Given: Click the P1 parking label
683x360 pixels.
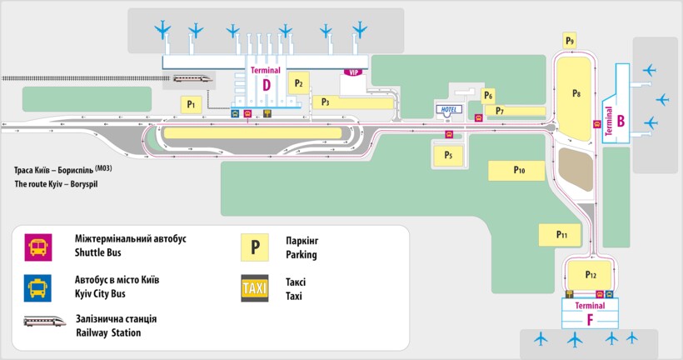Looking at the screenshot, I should [192, 104].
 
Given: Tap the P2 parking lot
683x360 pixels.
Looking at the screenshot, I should [297, 82].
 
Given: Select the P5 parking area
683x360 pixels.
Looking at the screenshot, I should [448, 154].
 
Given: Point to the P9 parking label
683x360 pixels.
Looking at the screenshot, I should [570, 39].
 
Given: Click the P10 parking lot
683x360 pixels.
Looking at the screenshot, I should [519, 170].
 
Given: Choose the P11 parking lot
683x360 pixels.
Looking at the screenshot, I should [561, 235].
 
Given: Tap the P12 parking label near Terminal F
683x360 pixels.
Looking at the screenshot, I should [591, 274].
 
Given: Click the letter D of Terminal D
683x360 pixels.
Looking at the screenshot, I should [267, 84].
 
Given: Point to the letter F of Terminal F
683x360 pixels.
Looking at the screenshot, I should [591, 319].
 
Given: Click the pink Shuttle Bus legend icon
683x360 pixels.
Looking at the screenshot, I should [37, 245].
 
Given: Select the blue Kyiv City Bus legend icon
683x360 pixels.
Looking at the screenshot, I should [37, 287].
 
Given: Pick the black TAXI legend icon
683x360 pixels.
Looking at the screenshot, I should [255, 287].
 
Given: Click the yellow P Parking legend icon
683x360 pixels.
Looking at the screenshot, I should [255, 246].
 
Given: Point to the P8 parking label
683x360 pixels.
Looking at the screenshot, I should [576, 93].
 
